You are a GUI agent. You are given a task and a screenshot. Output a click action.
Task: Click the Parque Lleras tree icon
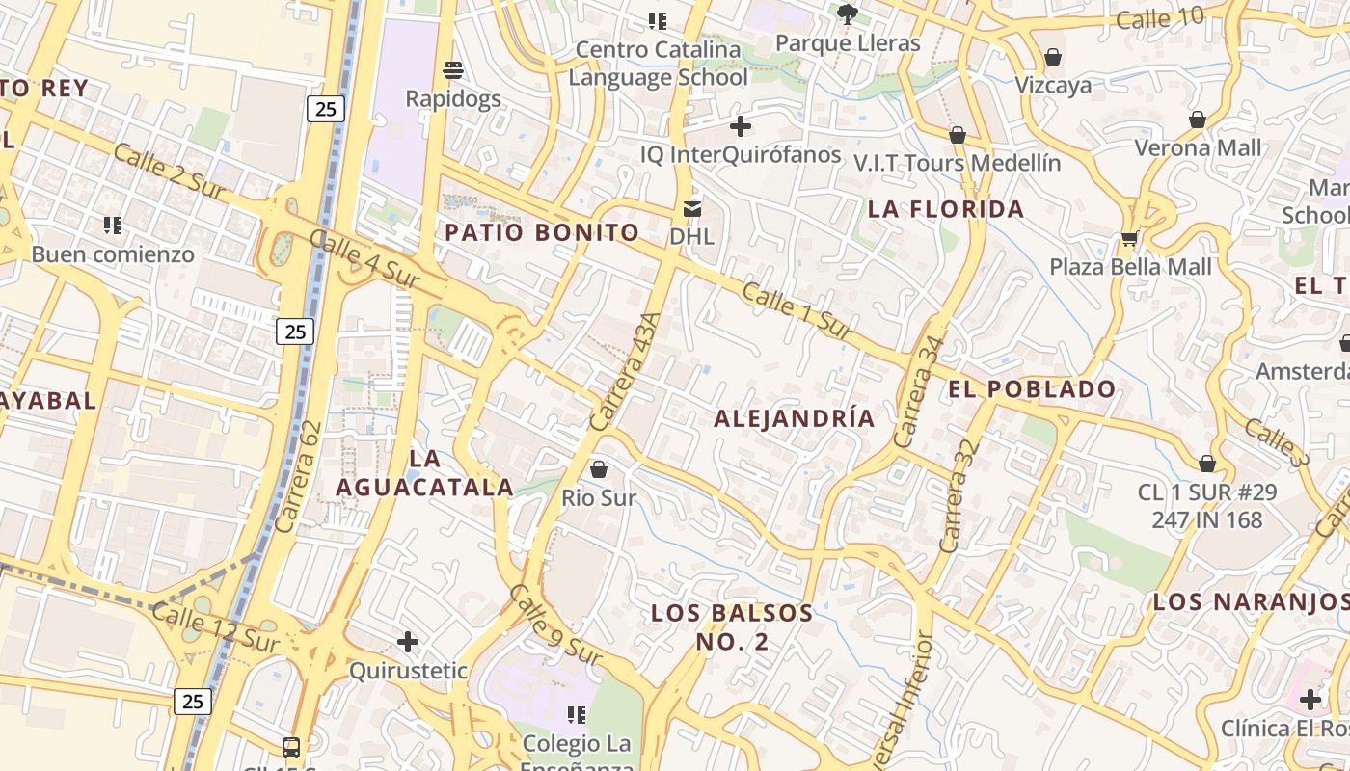tap(848, 13)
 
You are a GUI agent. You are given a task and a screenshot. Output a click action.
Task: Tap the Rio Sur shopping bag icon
tap(599, 469)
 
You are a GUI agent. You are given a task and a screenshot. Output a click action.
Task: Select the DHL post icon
tap(692, 207)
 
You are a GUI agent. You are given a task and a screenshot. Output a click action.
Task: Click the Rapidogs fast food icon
tap(453, 69)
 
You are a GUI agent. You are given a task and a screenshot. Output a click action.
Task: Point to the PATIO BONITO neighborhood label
tap(542, 232)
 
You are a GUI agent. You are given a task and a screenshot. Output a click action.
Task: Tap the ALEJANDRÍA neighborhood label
tap(795, 418)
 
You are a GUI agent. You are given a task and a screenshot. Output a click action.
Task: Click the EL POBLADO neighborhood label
tap(1032, 389)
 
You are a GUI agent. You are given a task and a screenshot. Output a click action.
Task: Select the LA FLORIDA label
tap(945, 209)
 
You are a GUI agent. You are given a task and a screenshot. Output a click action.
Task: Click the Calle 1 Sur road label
tap(798, 310)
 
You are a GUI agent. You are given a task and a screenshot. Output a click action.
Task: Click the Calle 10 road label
tap(1160, 17)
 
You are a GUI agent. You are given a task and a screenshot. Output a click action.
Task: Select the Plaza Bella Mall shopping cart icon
tap(1129, 237)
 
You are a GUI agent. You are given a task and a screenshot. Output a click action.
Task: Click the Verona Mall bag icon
tap(1198, 120)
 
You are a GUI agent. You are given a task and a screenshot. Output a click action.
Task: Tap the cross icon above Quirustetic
tap(408, 641)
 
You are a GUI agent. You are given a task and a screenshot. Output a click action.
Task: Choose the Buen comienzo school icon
tap(113, 226)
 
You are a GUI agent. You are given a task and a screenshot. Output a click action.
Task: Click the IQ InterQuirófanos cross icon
tap(741, 126)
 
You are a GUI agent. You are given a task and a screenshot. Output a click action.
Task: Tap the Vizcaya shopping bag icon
tap(1053, 57)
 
